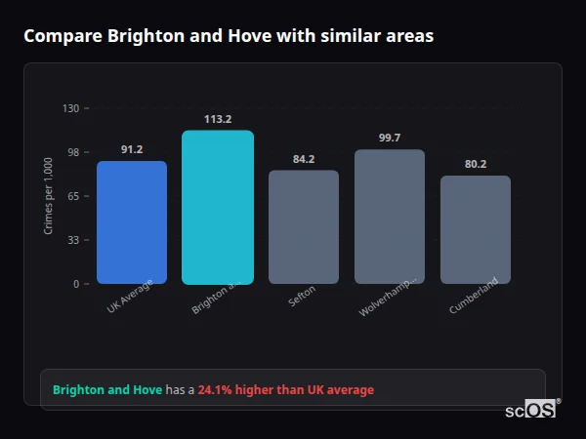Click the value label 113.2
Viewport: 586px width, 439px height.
tap(217, 119)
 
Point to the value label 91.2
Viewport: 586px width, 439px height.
tap(132, 149)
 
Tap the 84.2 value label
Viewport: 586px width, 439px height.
tap(304, 159)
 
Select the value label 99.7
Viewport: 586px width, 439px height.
tap(390, 138)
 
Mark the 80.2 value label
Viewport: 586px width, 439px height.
tap(476, 164)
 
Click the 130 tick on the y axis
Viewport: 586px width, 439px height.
tap(70, 108)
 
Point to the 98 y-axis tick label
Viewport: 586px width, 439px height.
tap(73, 152)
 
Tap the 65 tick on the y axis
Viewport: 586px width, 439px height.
tap(73, 196)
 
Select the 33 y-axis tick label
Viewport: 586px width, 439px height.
tap(73, 240)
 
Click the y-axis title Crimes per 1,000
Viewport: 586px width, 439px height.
tap(49, 195)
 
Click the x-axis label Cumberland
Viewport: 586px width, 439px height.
tap(475, 296)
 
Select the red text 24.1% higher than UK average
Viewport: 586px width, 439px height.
tap(285, 390)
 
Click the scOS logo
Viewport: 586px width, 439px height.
tap(531, 410)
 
